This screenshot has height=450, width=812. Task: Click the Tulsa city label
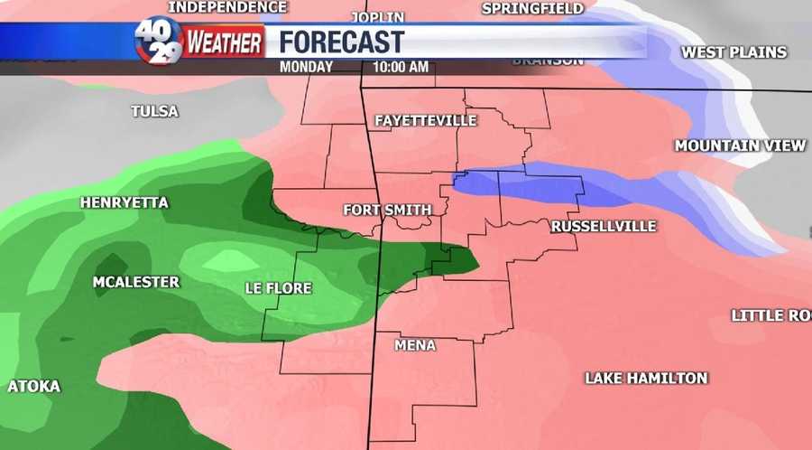click(154, 111)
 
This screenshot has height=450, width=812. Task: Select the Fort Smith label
click(388, 210)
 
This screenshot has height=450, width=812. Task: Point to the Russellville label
click(603, 225)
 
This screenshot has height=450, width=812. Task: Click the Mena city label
click(415, 345)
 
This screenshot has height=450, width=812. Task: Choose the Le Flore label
click(278, 288)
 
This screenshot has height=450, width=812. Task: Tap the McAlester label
click(136, 282)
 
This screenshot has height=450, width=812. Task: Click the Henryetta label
click(125, 202)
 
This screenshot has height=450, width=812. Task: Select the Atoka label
click(34, 386)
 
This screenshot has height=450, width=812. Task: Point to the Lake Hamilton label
click(646, 378)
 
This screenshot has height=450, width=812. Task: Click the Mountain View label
click(740, 145)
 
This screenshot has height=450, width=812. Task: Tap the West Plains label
click(734, 52)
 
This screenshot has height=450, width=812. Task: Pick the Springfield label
click(533, 8)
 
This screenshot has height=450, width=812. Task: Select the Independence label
click(228, 7)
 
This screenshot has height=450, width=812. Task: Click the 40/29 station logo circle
click(159, 41)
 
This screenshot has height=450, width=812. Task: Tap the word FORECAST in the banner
click(341, 41)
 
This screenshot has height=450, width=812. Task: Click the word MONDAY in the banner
click(306, 67)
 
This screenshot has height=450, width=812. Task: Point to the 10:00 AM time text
click(400, 67)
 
